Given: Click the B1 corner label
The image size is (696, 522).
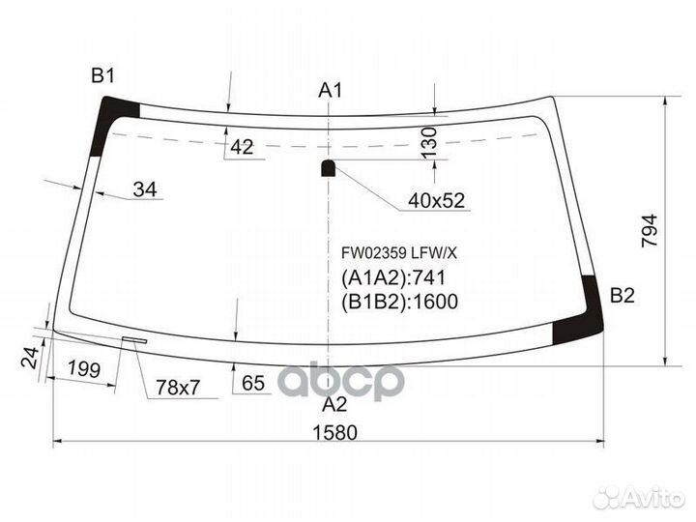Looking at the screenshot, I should coord(103,76).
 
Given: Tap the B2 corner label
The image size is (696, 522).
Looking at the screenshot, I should coord(623,297).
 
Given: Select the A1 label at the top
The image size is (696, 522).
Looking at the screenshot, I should coord(332,91).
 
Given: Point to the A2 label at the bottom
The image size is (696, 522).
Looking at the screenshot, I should coord(333,403).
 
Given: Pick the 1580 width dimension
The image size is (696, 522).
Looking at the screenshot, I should coord(334,431).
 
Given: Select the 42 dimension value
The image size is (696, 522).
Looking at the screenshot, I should coord(243,147).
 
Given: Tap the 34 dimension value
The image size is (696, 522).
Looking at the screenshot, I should coord(144,189).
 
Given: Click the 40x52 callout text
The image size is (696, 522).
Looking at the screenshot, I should coord(436,201).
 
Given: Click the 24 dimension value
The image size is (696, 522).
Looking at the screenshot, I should coord(29,360).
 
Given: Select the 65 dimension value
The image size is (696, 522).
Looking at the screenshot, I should coord(253,384).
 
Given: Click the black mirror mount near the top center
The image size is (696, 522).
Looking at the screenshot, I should coord(329,168).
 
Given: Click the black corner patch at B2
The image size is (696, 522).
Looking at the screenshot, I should coord(578,310).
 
